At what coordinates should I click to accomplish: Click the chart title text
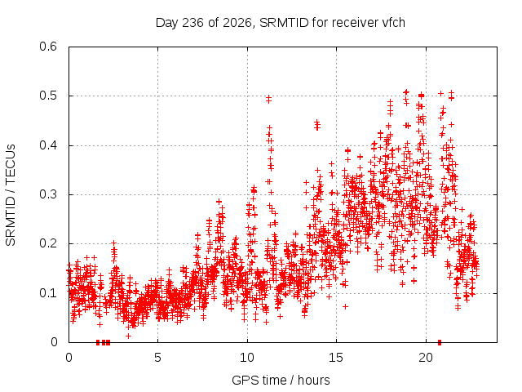tap(281, 23)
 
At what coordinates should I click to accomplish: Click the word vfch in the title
tap(393, 23)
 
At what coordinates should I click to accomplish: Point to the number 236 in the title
tap(192, 23)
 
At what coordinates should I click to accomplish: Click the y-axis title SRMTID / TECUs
tap(11, 195)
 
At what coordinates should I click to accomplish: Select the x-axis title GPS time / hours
tap(281, 380)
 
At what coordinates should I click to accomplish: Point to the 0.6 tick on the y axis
tap(48, 47)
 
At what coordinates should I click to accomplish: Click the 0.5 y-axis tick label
tap(48, 96)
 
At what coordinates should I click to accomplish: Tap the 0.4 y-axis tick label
tap(48, 145)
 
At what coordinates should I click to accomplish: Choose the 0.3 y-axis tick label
tap(48, 194)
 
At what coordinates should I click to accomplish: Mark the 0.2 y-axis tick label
tap(48, 243)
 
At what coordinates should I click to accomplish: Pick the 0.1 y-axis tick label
tap(48, 293)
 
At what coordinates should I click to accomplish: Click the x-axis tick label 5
tap(157, 358)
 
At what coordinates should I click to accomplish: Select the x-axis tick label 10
tap(247, 358)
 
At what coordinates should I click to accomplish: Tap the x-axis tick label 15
tap(336, 358)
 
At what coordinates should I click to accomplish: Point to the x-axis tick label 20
tap(426, 358)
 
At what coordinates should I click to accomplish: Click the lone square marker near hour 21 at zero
tap(440, 342)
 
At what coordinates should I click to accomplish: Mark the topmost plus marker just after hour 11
tap(268, 97)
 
